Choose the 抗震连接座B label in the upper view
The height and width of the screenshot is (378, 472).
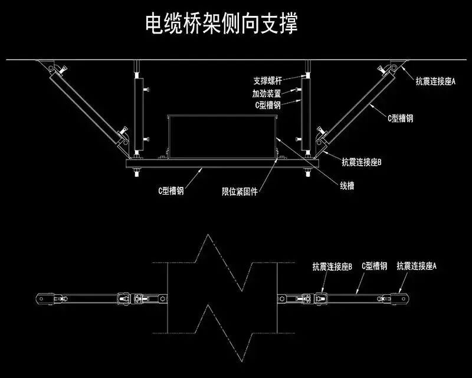(362, 160)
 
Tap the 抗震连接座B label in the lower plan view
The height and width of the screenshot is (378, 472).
(333, 267)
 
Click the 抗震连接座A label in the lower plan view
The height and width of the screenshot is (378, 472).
(417, 267)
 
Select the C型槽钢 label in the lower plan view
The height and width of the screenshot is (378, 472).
(374, 267)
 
